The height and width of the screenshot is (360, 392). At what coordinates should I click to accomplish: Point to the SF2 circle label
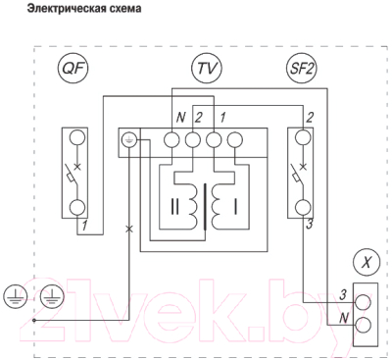(295, 69)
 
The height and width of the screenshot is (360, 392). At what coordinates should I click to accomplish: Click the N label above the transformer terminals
(180, 119)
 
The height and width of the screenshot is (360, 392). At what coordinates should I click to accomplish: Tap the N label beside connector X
(343, 318)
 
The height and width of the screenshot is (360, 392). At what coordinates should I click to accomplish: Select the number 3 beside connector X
(342, 293)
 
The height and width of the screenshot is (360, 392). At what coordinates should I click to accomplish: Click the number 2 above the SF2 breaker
(309, 119)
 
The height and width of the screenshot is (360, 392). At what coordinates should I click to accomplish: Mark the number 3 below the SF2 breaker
(309, 226)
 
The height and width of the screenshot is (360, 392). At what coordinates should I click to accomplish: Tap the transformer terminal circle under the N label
(174, 138)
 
